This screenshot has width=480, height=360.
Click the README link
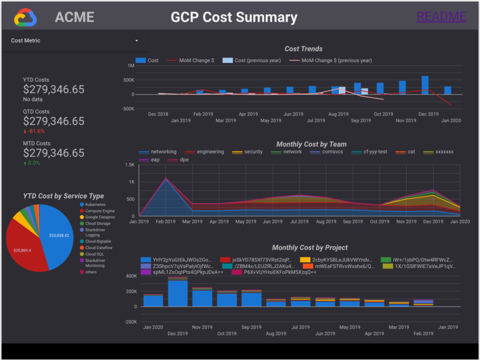(441, 17)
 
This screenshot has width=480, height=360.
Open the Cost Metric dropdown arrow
(137, 41)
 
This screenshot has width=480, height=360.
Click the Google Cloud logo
(25, 17)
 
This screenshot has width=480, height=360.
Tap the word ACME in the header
(75, 17)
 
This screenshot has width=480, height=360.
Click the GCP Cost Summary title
(234, 17)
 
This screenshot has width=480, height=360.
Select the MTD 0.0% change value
(33, 163)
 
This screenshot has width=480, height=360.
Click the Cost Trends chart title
(303, 49)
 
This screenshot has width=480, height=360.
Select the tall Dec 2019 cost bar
(425, 85)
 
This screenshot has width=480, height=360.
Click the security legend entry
(253, 152)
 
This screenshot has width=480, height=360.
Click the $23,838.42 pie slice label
(59, 235)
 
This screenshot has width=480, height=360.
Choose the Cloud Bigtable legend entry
(98, 241)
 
